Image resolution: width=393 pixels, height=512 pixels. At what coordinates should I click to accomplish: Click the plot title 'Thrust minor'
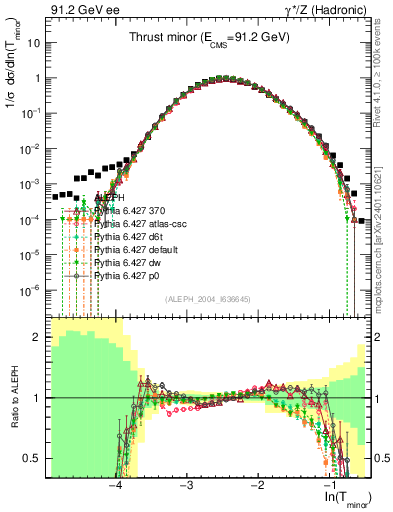(209, 35)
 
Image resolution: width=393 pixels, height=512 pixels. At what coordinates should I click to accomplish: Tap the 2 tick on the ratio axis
(41, 337)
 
